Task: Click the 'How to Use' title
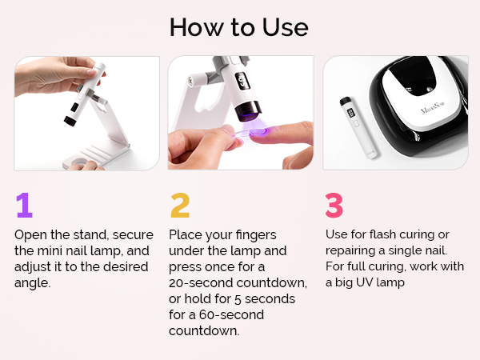239,27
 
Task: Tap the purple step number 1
24,206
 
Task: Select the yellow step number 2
180,206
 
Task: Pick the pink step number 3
334,206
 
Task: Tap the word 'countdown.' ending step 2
204,331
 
